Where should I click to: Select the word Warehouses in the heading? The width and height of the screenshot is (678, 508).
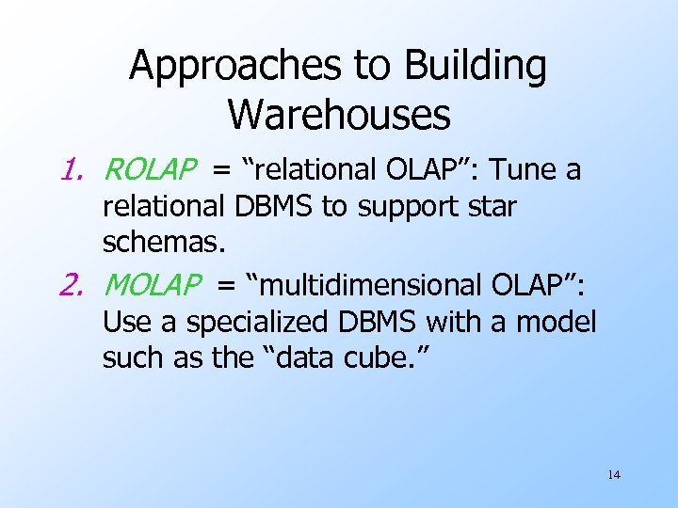(x=339, y=115)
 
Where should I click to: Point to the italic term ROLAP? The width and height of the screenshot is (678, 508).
(x=150, y=170)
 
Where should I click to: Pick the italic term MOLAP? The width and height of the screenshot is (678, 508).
(x=152, y=284)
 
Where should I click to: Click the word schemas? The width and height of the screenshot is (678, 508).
(x=164, y=244)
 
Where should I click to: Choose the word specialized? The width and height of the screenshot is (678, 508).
(x=258, y=322)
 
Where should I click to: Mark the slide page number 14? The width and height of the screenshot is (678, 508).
(x=613, y=475)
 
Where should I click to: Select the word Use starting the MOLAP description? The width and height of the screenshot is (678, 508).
(x=126, y=322)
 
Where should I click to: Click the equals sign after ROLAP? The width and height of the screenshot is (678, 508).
(x=221, y=171)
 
